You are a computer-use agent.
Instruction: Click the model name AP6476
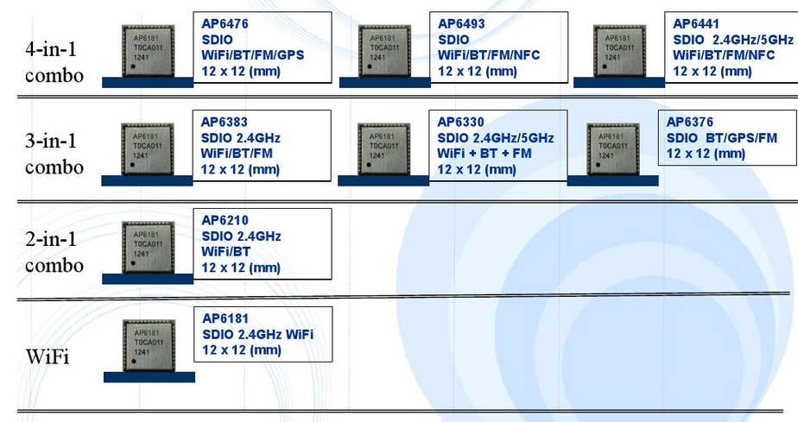(225, 24)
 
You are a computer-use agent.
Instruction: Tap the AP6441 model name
(695, 24)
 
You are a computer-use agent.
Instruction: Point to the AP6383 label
(225, 122)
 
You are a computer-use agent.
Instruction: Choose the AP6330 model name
(461, 122)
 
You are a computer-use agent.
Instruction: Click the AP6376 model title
(690, 122)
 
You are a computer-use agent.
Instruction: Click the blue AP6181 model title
(225, 318)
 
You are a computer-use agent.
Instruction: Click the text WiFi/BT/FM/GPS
(252, 55)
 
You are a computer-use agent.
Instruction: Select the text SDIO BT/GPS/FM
(721, 138)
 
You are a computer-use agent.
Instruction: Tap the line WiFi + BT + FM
(484, 154)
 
